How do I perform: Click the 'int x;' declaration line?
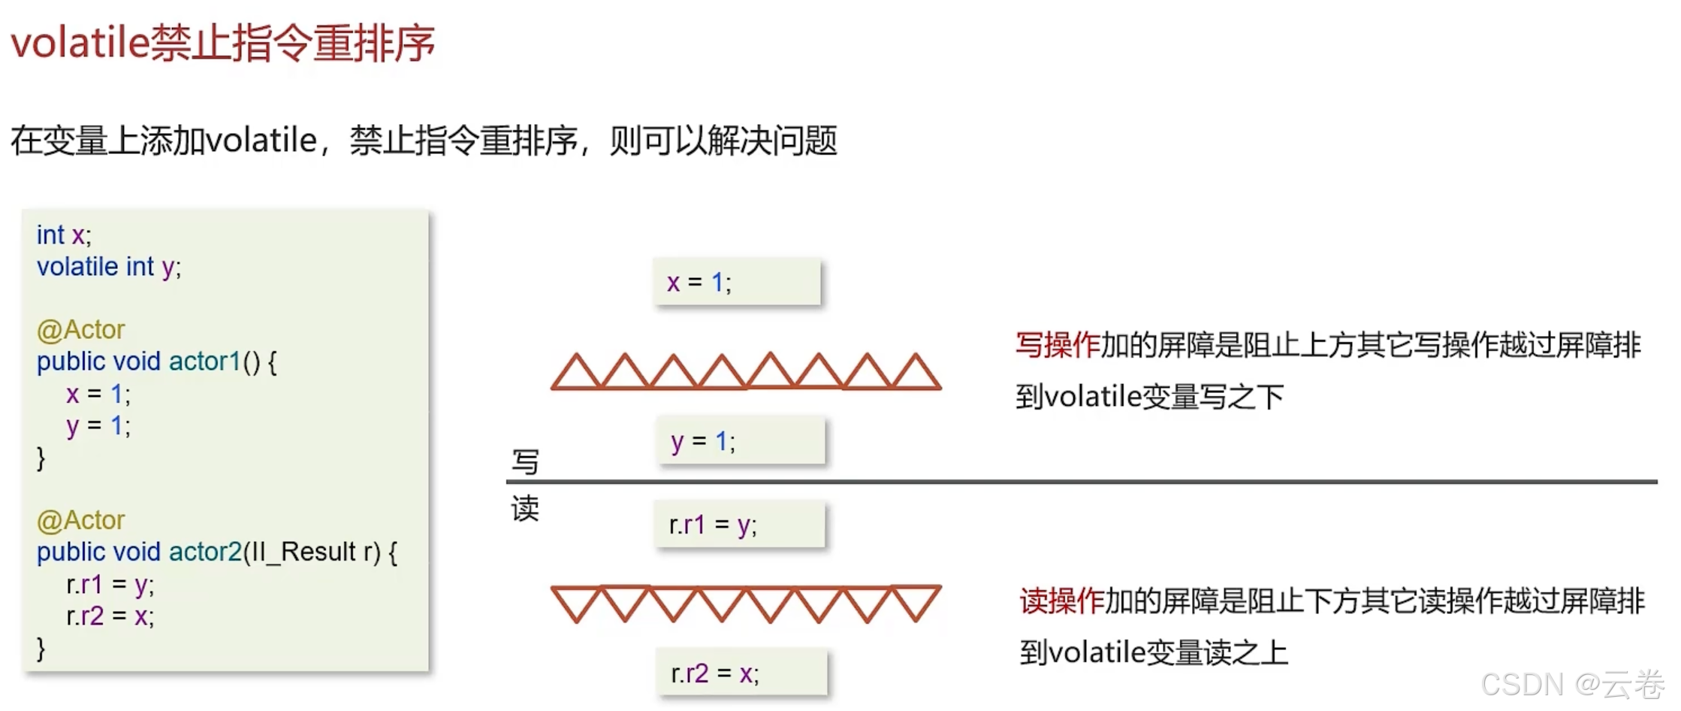(64, 235)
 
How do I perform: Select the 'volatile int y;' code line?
(109, 267)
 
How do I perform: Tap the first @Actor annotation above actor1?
(80, 330)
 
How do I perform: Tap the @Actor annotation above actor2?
(80, 520)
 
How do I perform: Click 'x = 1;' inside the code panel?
(98, 394)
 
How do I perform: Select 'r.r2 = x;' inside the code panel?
(110, 616)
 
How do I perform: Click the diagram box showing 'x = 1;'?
(737, 282)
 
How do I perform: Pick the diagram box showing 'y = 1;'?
(741, 441)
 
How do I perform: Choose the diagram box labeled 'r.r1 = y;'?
(739, 525)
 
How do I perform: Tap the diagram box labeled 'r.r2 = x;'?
(741, 673)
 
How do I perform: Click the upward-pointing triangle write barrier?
(746, 371)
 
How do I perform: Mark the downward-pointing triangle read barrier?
(746, 604)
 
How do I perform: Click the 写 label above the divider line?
(525, 461)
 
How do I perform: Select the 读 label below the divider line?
(525, 509)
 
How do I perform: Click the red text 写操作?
(1057, 346)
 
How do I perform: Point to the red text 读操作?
(1061, 601)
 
